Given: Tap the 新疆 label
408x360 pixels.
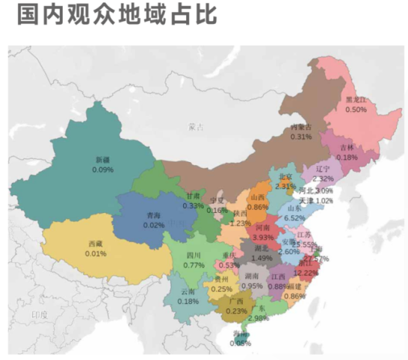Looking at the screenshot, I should [x=103, y=161].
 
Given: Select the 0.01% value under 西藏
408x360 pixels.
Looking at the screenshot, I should [x=96, y=254].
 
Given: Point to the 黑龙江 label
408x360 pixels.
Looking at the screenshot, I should [x=356, y=99].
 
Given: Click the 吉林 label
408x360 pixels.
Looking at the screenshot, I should [x=347, y=148].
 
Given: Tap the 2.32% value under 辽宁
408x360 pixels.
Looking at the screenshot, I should [x=324, y=179].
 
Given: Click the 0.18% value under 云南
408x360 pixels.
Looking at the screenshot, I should [x=188, y=302].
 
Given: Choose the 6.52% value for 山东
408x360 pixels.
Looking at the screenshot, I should [x=294, y=217].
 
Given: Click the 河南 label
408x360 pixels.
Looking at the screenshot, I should [x=263, y=227].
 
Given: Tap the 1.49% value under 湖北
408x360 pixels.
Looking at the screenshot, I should [x=262, y=258].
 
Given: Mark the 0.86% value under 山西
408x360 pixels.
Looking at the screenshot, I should [x=258, y=207].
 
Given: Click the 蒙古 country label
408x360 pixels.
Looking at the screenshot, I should [x=197, y=127].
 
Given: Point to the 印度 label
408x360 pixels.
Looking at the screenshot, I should [x=40, y=315].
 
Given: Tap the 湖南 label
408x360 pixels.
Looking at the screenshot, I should [x=252, y=276].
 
